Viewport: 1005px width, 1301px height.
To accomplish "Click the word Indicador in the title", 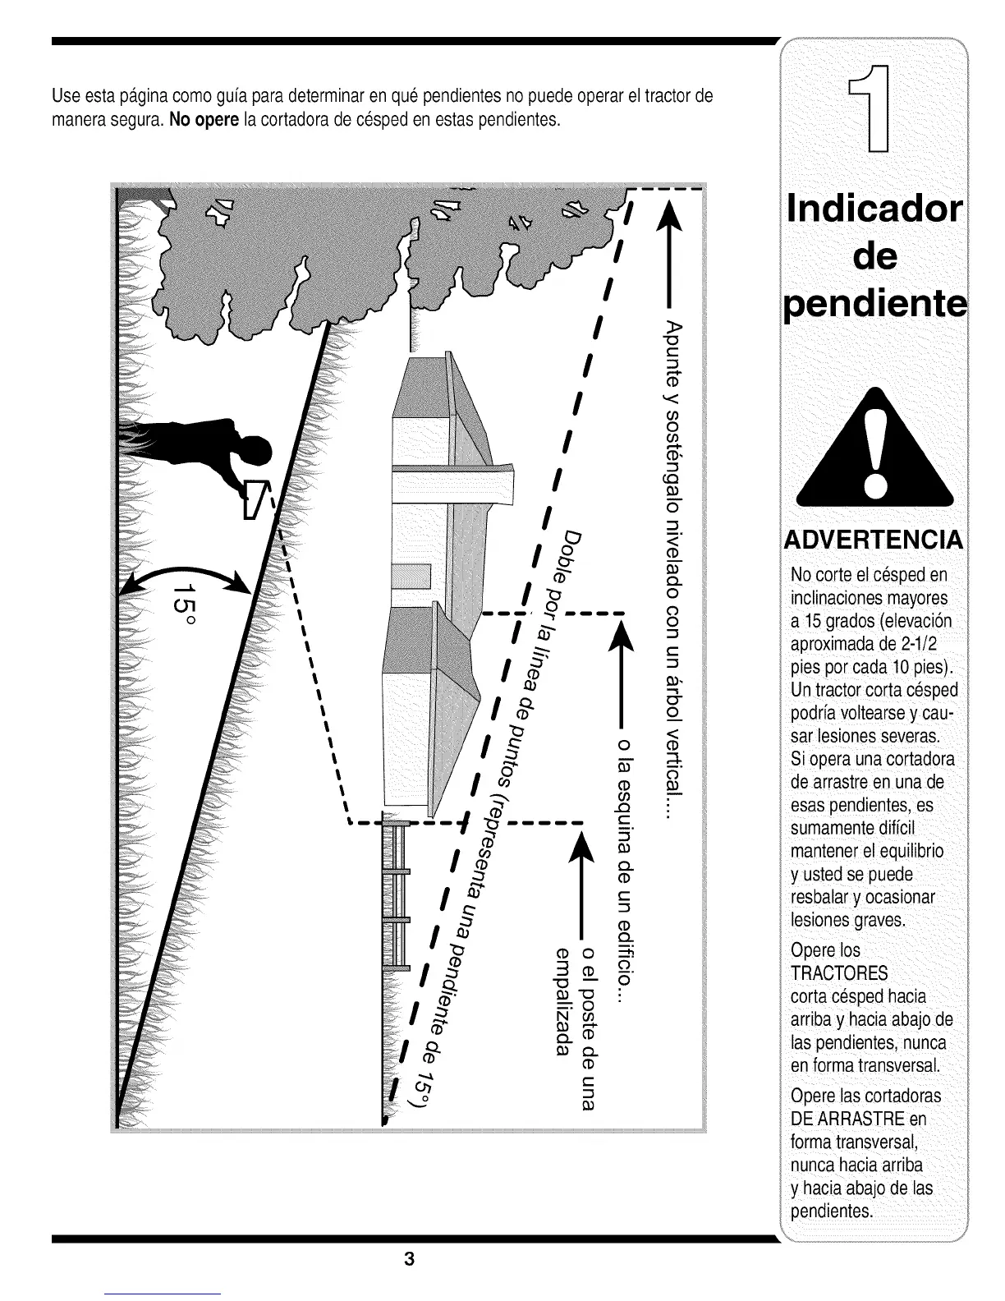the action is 874,209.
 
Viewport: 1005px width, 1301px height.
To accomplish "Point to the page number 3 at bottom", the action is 408,1259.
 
